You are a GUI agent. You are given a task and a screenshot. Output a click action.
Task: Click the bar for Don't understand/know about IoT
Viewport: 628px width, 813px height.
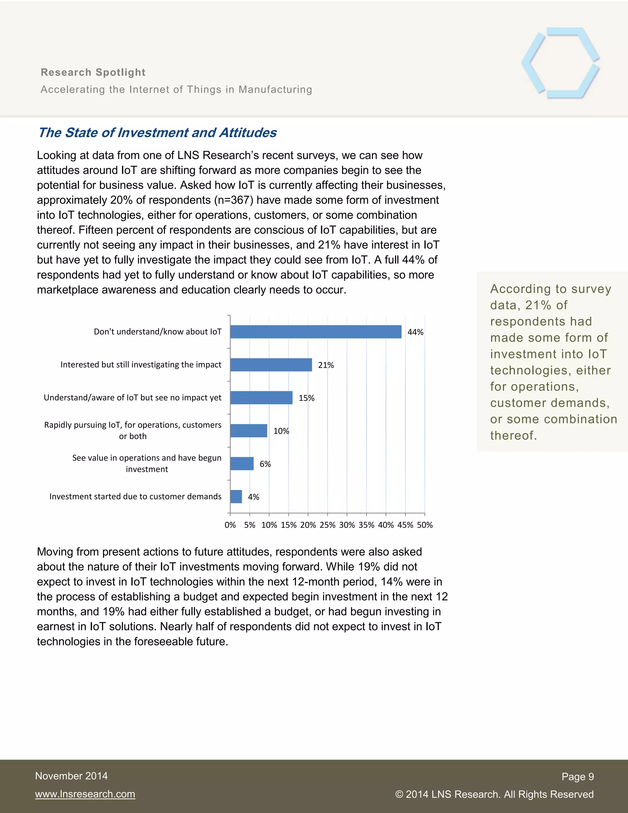[x=316, y=332]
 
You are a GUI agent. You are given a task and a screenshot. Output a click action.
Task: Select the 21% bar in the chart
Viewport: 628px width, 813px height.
[x=271, y=365]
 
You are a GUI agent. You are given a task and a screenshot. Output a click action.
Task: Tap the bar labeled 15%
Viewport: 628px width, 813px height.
[x=261, y=398]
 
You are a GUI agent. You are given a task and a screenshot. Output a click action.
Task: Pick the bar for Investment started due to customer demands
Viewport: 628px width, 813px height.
[x=236, y=497]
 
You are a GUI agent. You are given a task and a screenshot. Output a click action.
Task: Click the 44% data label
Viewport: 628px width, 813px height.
[x=415, y=332]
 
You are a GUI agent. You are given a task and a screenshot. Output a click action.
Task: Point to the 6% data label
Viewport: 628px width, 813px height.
[x=265, y=464]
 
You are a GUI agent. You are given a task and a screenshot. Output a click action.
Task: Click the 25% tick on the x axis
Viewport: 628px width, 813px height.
[x=327, y=525]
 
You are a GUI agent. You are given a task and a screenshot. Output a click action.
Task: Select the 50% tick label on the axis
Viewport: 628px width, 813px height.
[x=424, y=525]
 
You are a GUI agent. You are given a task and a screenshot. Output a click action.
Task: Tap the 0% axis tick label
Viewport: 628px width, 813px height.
[x=230, y=525]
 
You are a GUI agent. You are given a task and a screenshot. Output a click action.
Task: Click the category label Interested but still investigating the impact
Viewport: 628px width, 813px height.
[x=141, y=364]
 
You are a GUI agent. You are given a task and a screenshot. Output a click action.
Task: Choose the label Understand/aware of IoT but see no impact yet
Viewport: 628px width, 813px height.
[x=132, y=398]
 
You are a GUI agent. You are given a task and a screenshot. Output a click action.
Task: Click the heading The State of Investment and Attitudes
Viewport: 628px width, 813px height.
[x=157, y=133]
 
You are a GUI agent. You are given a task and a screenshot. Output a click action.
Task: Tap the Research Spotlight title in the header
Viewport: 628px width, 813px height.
[x=93, y=72]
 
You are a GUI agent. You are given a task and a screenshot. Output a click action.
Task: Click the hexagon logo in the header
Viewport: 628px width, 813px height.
[x=560, y=63]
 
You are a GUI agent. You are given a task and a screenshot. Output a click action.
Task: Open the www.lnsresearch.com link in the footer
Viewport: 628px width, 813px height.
[x=85, y=794]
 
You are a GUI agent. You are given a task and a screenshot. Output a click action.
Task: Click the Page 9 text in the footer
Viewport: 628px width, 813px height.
[x=577, y=776]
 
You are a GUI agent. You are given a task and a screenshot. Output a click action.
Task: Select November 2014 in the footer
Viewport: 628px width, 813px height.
[x=71, y=776]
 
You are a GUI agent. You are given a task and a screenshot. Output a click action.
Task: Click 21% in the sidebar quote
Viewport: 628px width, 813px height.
[x=538, y=305]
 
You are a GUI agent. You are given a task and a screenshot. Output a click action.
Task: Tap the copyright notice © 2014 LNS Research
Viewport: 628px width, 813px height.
[x=494, y=794]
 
